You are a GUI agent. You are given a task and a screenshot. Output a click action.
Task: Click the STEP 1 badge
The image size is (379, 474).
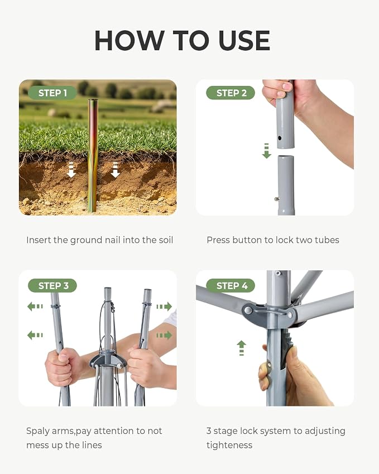52,93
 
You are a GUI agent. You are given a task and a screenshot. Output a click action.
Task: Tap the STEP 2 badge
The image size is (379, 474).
231,93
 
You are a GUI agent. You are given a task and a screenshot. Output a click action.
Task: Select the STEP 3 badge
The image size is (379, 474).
52,285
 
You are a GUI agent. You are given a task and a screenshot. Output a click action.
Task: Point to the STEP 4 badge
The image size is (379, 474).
231,285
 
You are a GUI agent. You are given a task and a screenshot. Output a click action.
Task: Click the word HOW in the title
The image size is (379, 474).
129,41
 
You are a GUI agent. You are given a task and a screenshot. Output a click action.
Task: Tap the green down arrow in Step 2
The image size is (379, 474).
266,151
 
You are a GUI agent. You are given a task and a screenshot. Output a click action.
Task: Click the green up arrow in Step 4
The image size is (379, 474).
241,348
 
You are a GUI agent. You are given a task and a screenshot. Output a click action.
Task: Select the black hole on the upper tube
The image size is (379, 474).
280,138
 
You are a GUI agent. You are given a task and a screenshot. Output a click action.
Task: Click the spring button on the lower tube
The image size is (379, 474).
276,199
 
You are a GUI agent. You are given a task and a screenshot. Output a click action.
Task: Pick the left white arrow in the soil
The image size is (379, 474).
71,170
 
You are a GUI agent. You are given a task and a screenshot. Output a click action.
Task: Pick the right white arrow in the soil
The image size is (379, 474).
116,170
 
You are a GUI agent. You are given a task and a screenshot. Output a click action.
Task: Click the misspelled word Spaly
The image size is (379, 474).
38,431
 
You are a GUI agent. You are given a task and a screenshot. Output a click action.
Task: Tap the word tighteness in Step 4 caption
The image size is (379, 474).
229,446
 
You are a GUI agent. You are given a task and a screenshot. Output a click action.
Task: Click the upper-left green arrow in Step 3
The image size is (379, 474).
35,307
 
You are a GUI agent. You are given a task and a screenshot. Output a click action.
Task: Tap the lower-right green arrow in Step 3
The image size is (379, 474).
164,335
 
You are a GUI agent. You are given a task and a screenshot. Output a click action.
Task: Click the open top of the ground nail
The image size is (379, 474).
93,100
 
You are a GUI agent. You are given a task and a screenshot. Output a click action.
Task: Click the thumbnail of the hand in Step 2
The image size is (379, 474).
286,87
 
